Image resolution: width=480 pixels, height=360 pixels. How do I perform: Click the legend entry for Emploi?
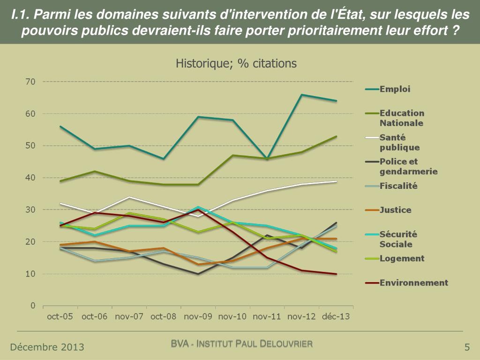pyautogui.click(x=395, y=89)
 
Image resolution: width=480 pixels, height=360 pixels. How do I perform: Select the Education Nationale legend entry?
pyautogui.click(x=401, y=118)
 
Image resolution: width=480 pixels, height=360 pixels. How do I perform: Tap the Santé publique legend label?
pyautogui.click(x=399, y=142)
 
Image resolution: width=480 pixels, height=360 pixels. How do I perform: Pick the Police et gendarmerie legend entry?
pyautogui.click(x=408, y=166)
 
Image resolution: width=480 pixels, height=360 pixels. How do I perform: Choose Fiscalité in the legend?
pyautogui.click(x=398, y=186)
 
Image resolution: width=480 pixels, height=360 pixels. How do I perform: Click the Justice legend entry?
pyautogui.click(x=395, y=210)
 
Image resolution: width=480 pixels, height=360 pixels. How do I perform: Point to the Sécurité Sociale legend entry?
pyautogui.click(x=398, y=239)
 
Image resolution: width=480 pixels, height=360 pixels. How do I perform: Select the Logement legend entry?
pyautogui.click(x=402, y=258)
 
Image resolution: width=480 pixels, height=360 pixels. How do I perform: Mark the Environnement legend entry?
pyautogui.click(x=413, y=283)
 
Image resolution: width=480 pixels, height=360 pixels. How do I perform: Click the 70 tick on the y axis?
pyautogui.click(x=30, y=82)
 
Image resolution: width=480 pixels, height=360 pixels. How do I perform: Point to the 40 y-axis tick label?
pyautogui.click(x=30, y=178)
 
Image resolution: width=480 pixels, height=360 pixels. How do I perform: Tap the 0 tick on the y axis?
pyautogui.click(x=33, y=306)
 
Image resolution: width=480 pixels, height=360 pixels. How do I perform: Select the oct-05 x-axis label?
pyautogui.click(x=60, y=317)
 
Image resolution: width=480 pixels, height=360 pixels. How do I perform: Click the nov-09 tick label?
pyautogui.click(x=198, y=317)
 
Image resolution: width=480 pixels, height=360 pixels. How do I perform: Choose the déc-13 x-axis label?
pyautogui.click(x=336, y=317)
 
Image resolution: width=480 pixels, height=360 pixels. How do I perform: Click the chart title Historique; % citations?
pyautogui.click(x=236, y=63)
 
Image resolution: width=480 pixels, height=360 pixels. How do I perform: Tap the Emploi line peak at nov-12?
pyautogui.click(x=302, y=95)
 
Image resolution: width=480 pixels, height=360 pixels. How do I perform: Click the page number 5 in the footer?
pyautogui.click(x=467, y=347)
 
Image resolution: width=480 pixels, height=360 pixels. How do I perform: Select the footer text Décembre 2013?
pyautogui.click(x=47, y=347)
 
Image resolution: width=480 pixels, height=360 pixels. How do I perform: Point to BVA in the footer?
pyautogui.click(x=180, y=345)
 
